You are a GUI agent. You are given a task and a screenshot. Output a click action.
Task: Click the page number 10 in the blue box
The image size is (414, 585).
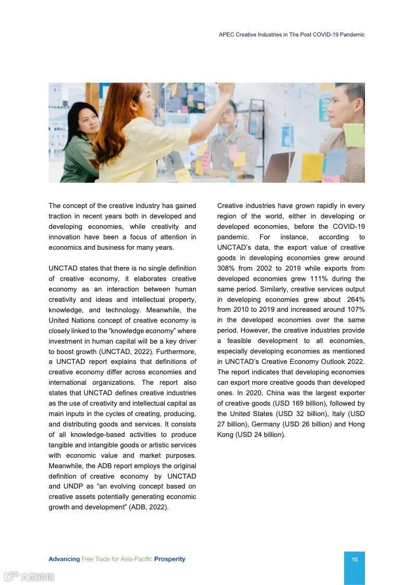tap(355, 559)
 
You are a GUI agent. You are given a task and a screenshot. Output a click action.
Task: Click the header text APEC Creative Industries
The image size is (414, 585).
tap(253, 34)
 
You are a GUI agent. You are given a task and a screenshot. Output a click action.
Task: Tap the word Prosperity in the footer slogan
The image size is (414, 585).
tap(169, 559)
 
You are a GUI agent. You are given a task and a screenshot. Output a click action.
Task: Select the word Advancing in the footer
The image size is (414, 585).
tap(64, 559)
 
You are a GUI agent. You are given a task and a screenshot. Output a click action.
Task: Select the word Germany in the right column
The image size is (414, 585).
tap(265, 424)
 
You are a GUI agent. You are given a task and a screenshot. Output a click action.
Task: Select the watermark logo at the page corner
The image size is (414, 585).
tap(29, 576)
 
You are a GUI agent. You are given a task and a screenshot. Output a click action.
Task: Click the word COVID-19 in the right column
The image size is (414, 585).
tap(349, 226)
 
